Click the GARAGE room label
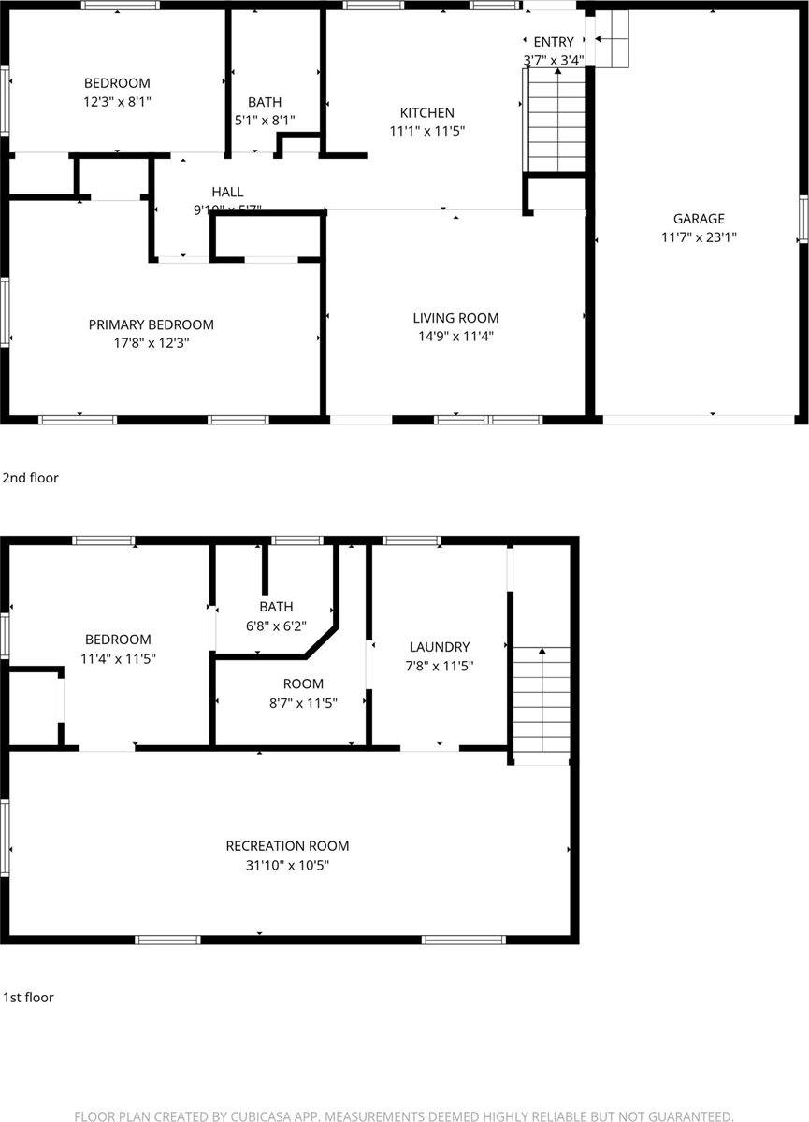tap(699, 219)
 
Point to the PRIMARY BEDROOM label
tap(151, 324)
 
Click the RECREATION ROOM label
tap(287, 845)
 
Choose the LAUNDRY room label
tap(439, 646)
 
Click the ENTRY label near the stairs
tap(554, 42)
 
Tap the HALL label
tap(227, 192)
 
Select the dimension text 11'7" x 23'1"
tap(699, 237)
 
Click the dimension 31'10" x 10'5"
tap(287, 865)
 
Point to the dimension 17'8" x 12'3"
tap(151, 343)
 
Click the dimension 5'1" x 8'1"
tap(265, 120)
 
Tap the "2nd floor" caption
tap(30, 478)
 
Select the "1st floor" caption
tap(28, 997)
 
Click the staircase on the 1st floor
tap(541, 703)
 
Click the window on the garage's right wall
tap(802, 219)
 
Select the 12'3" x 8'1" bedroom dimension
tap(117, 101)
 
